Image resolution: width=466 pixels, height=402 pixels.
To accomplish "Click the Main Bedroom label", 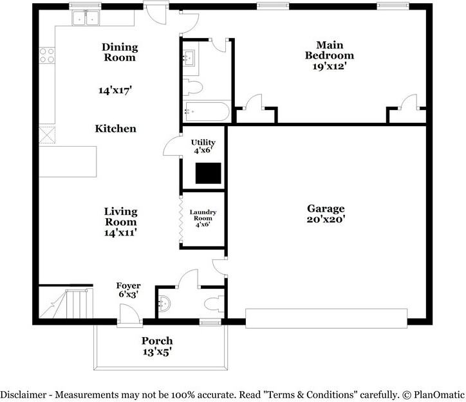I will pyautogui.click(x=330, y=50).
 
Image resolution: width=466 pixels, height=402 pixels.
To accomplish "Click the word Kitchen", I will pyautogui.click(x=116, y=129).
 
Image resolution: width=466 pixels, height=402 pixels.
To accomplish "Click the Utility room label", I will pyautogui.click(x=203, y=142).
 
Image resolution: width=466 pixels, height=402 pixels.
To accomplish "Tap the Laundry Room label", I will pyautogui.click(x=203, y=218).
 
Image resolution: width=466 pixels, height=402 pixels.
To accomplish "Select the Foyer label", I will pyautogui.click(x=128, y=286).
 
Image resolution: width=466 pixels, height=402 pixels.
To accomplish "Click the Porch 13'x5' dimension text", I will pyautogui.click(x=158, y=352).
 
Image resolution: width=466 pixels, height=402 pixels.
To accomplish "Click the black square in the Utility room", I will pyautogui.click(x=208, y=173).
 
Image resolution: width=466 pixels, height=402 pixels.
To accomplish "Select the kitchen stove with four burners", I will pyautogui.click(x=46, y=55).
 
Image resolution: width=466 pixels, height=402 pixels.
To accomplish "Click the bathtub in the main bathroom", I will pyautogui.click(x=205, y=112).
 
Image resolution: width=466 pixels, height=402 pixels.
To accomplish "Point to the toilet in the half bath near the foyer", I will pyautogui.click(x=213, y=303).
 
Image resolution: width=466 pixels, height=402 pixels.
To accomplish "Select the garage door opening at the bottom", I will pyautogui.click(x=326, y=318).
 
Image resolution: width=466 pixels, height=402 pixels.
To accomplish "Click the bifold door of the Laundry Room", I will pyautogui.click(x=181, y=219).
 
